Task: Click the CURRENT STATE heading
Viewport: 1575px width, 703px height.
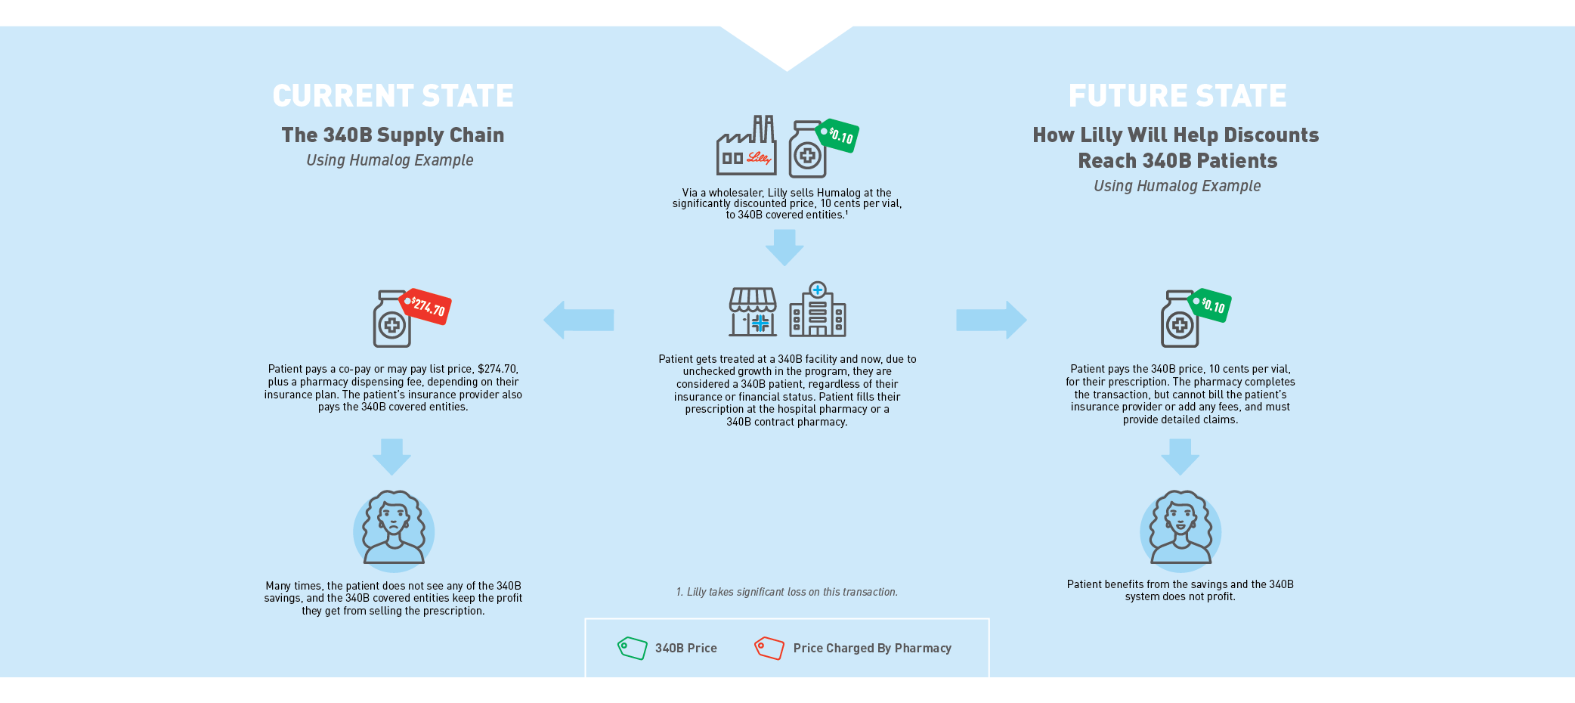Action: pos(393,96)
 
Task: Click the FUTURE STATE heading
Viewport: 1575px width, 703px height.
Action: pos(1177,96)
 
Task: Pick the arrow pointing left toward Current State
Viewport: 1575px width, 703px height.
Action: pos(578,320)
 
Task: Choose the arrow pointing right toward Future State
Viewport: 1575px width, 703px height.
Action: pos(991,320)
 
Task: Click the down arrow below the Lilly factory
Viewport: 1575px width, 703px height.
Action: pos(784,247)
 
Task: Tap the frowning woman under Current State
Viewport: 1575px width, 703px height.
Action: pos(394,529)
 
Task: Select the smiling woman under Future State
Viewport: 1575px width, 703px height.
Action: pos(1180,529)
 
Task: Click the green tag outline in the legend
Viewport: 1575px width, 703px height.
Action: pos(633,648)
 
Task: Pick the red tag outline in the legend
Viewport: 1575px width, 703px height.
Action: pos(769,648)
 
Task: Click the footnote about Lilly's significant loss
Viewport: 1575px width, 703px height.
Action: pos(787,592)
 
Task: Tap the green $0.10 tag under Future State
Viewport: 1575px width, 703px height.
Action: pos(1211,305)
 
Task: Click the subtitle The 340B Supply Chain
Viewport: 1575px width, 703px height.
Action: pos(393,135)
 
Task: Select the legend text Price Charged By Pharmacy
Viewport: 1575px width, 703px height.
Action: pos(872,648)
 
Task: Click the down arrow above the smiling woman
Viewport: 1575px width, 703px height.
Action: pos(1180,457)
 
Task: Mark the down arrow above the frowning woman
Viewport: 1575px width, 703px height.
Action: pos(391,457)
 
